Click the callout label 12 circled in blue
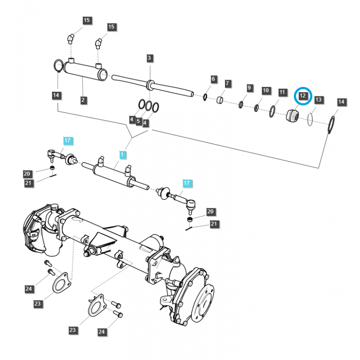coord(302,96)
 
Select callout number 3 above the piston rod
coord(149,58)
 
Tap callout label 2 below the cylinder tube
coord(83,100)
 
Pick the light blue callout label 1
coord(122,155)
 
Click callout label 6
coord(214,80)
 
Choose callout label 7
coord(228,84)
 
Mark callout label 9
coord(249,87)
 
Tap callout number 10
coord(265,91)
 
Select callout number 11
coord(282,92)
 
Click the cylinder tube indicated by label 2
coord(84,71)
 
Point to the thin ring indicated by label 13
coord(310,120)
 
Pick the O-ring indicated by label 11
coord(273,111)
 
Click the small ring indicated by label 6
coord(205,97)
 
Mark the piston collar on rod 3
coord(149,84)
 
